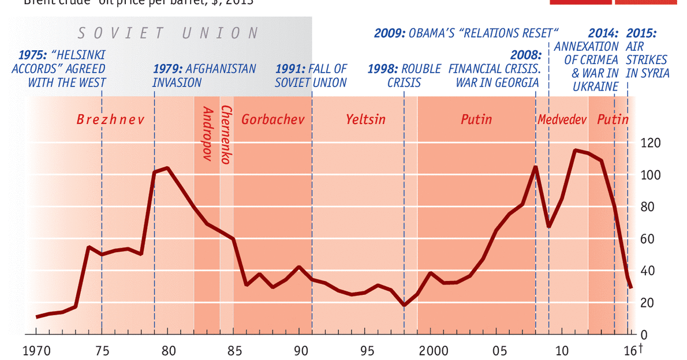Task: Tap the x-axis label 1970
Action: (36, 351)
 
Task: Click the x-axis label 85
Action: (234, 351)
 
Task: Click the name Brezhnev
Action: (110, 120)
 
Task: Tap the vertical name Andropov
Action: (208, 132)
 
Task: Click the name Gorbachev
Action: (269, 120)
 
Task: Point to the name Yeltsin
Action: (365, 120)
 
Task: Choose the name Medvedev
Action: (562, 120)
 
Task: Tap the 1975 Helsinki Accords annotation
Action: (59, 69)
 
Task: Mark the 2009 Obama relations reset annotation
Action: (466, 32)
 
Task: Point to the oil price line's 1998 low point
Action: (404, 305)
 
